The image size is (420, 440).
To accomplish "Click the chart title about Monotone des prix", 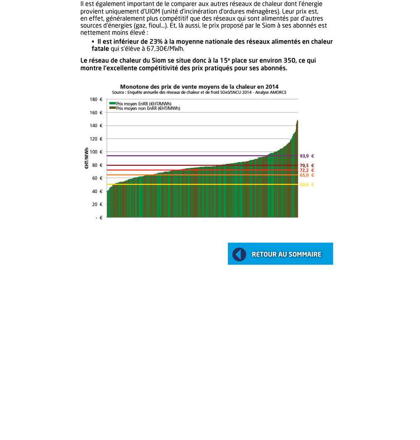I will (x=199, y=87).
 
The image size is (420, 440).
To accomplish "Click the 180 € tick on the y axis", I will (x=96, y=100).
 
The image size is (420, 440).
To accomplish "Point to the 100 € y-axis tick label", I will (x=96, y=152).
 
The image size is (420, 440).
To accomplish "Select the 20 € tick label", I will (x=97, y=204).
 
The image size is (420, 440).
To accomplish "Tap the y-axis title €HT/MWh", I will (x=87, y=158).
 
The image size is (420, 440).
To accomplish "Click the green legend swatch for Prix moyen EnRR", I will (x=113, y=103).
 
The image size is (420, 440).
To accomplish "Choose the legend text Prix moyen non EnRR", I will (x=148, y=108).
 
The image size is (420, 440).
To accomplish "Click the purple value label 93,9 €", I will (x=307, y=156).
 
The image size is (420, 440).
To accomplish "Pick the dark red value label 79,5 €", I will (x=307, y=165).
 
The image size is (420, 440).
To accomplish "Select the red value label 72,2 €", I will (x=307, y=170).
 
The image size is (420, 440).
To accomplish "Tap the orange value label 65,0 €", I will (x=307, y=175).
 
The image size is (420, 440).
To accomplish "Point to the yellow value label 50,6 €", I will (x=307, y=185).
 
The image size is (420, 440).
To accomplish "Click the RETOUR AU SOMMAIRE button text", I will (x=286, y=254).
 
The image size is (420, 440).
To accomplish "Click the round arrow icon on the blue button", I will (x=239, y=254).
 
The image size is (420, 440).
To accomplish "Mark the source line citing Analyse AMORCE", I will (x=199, y=92).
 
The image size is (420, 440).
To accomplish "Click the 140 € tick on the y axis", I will (x=96, y=126).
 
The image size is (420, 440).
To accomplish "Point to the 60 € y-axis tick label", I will (x=97, y=178).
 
